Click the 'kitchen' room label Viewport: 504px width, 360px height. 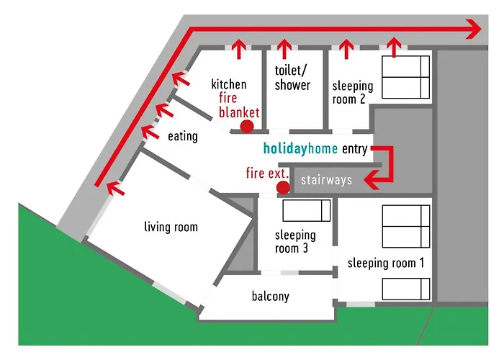(x=229, y=85)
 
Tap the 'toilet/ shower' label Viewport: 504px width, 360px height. (x=292, y=78)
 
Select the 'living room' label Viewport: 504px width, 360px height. (x=171, y=228)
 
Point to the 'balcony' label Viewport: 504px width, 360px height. (x=270, y=296)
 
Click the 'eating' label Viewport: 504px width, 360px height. (x=182, y=135)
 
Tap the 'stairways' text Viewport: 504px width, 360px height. (x=326, y=179)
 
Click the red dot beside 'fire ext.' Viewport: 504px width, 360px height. (x=283, y=187)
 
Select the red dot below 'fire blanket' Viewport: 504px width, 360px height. (x=247, y=127)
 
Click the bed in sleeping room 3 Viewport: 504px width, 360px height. (x=306, y=210)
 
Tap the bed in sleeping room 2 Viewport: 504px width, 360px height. (x=405, y=77)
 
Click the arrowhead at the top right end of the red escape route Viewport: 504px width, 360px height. (x=474, y=30)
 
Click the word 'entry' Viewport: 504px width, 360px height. (x=356, y=150)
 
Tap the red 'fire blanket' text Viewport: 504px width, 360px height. (x=238, y=105)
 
